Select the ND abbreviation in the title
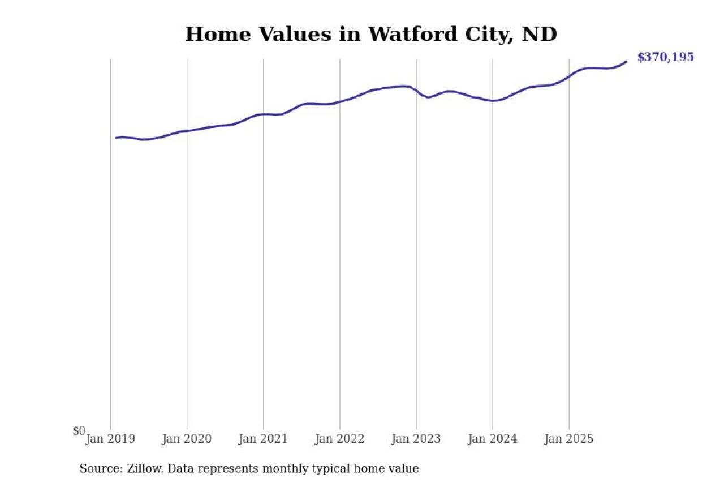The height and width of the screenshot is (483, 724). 539,35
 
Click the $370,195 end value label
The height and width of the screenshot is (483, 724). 665,57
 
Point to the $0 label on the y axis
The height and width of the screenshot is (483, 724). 79,431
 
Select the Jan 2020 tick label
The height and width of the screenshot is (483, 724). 187,439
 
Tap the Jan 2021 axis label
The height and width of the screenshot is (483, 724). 263,439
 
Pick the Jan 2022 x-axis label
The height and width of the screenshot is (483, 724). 339,439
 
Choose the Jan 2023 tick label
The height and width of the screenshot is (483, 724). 416,439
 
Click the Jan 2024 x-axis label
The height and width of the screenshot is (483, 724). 492,439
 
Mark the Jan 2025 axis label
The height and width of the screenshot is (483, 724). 568,439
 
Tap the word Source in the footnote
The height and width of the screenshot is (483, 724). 98,469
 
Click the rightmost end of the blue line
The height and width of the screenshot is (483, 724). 626,62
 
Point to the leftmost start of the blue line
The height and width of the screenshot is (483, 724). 116,138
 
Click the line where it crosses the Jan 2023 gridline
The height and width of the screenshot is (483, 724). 416,91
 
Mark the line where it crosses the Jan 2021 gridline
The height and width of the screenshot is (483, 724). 263,114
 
